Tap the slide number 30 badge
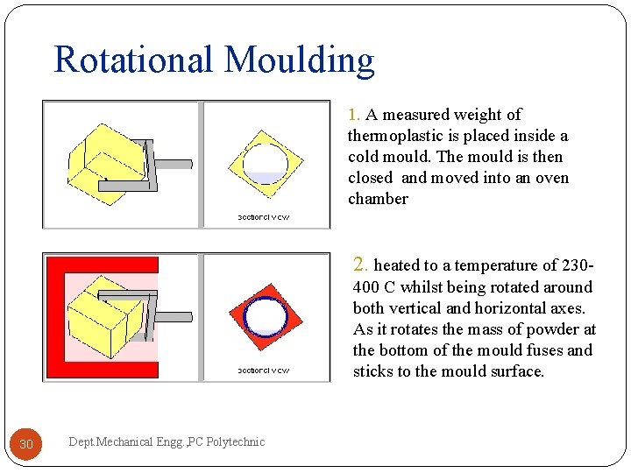click(26, 444)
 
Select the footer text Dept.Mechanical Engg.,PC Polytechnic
click(166, 442)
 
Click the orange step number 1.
click(353, 115)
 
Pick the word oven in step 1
click(521, 178)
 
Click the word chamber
click(378, 199)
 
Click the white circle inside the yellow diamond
click(265, 163)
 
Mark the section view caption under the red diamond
click(264, 371)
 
